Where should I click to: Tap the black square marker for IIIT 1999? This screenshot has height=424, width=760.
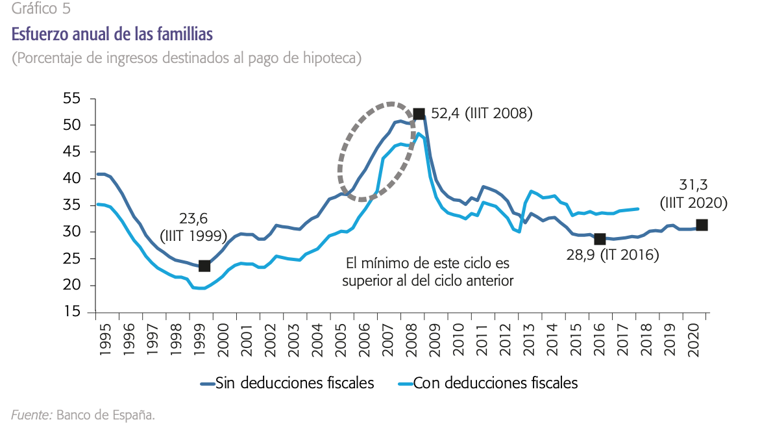coord(204,266)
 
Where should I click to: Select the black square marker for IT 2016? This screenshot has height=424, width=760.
coord(600,239)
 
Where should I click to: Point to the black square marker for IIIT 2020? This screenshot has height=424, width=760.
coord(702,225)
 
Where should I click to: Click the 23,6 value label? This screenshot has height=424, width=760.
coord(193,218)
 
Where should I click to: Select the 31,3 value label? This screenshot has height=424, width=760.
coord(694,185)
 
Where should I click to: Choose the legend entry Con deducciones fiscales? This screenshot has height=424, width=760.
coord(495,383)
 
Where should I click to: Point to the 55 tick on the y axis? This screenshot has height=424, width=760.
coord(72,99)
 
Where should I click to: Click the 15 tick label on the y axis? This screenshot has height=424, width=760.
coord(72,312)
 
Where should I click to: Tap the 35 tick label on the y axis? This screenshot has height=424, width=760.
coord(72,206)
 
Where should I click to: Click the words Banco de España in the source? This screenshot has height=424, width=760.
coord(106,414)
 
